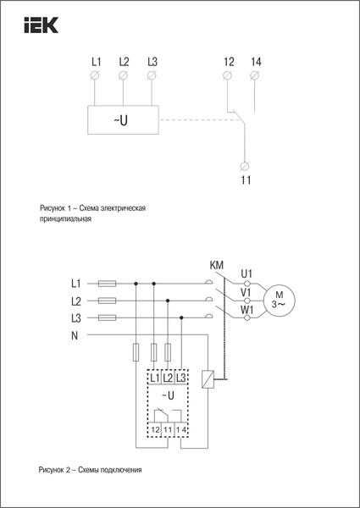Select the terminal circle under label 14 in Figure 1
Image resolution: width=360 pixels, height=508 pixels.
tap(256, 77)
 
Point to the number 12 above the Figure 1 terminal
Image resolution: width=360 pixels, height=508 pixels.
tap(229, 62)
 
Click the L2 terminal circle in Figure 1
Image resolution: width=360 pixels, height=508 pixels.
tap(124, 77)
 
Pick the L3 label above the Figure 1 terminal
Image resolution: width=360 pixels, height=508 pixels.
tap(152, 62)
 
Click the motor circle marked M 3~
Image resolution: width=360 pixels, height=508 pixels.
tap(276, 298)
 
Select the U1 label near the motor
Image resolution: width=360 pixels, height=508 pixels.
tap(246, 273)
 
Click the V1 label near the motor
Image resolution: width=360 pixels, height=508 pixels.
tap(246, 292)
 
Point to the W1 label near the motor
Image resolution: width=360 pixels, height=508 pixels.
tap(246, 311)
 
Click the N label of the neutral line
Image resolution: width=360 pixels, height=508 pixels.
tap(75, 334)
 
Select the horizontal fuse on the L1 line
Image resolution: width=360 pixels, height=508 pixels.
tap(108, 283)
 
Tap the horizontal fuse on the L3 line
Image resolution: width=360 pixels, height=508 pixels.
tap(108, 317)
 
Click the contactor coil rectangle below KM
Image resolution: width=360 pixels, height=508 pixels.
tap(208, 380)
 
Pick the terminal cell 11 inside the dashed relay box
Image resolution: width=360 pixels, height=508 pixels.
tap(168, 430)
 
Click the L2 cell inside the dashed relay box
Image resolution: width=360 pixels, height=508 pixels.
tap(168, 376)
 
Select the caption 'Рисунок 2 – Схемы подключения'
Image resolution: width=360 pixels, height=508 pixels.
tap(90, 468)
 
